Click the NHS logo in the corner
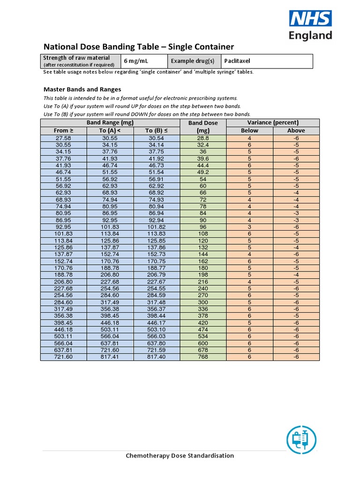310,19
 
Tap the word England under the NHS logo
311,36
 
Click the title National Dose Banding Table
138,47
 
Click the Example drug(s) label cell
193,61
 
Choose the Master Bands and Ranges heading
82,89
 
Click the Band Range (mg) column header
110,123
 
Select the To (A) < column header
110,131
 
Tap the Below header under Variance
249,131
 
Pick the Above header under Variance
296,131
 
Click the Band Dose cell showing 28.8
203,138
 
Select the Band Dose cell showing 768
203,357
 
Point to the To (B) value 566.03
157,337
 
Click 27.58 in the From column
64,138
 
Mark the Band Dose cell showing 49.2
203,172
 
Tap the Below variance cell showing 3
249,227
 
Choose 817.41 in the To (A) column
110,357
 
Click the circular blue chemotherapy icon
301,440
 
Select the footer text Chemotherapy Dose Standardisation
180,456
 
